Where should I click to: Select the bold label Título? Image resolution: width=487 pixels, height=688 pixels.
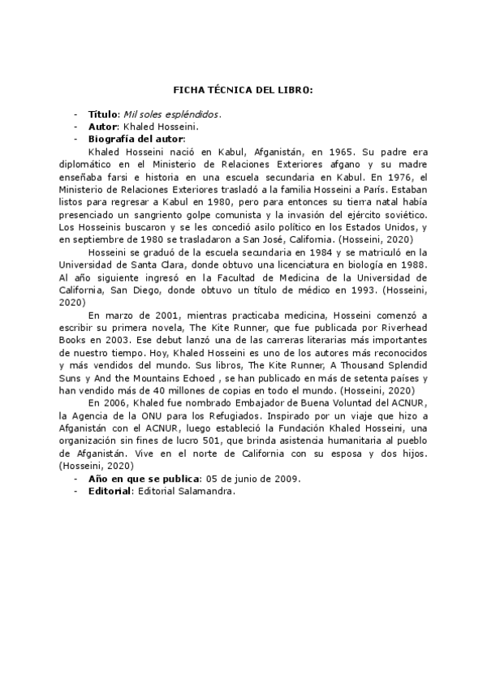[103, 115]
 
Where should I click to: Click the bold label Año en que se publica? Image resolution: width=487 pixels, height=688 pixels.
[144, 479]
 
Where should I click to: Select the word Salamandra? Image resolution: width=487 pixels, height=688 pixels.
[205, 491]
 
